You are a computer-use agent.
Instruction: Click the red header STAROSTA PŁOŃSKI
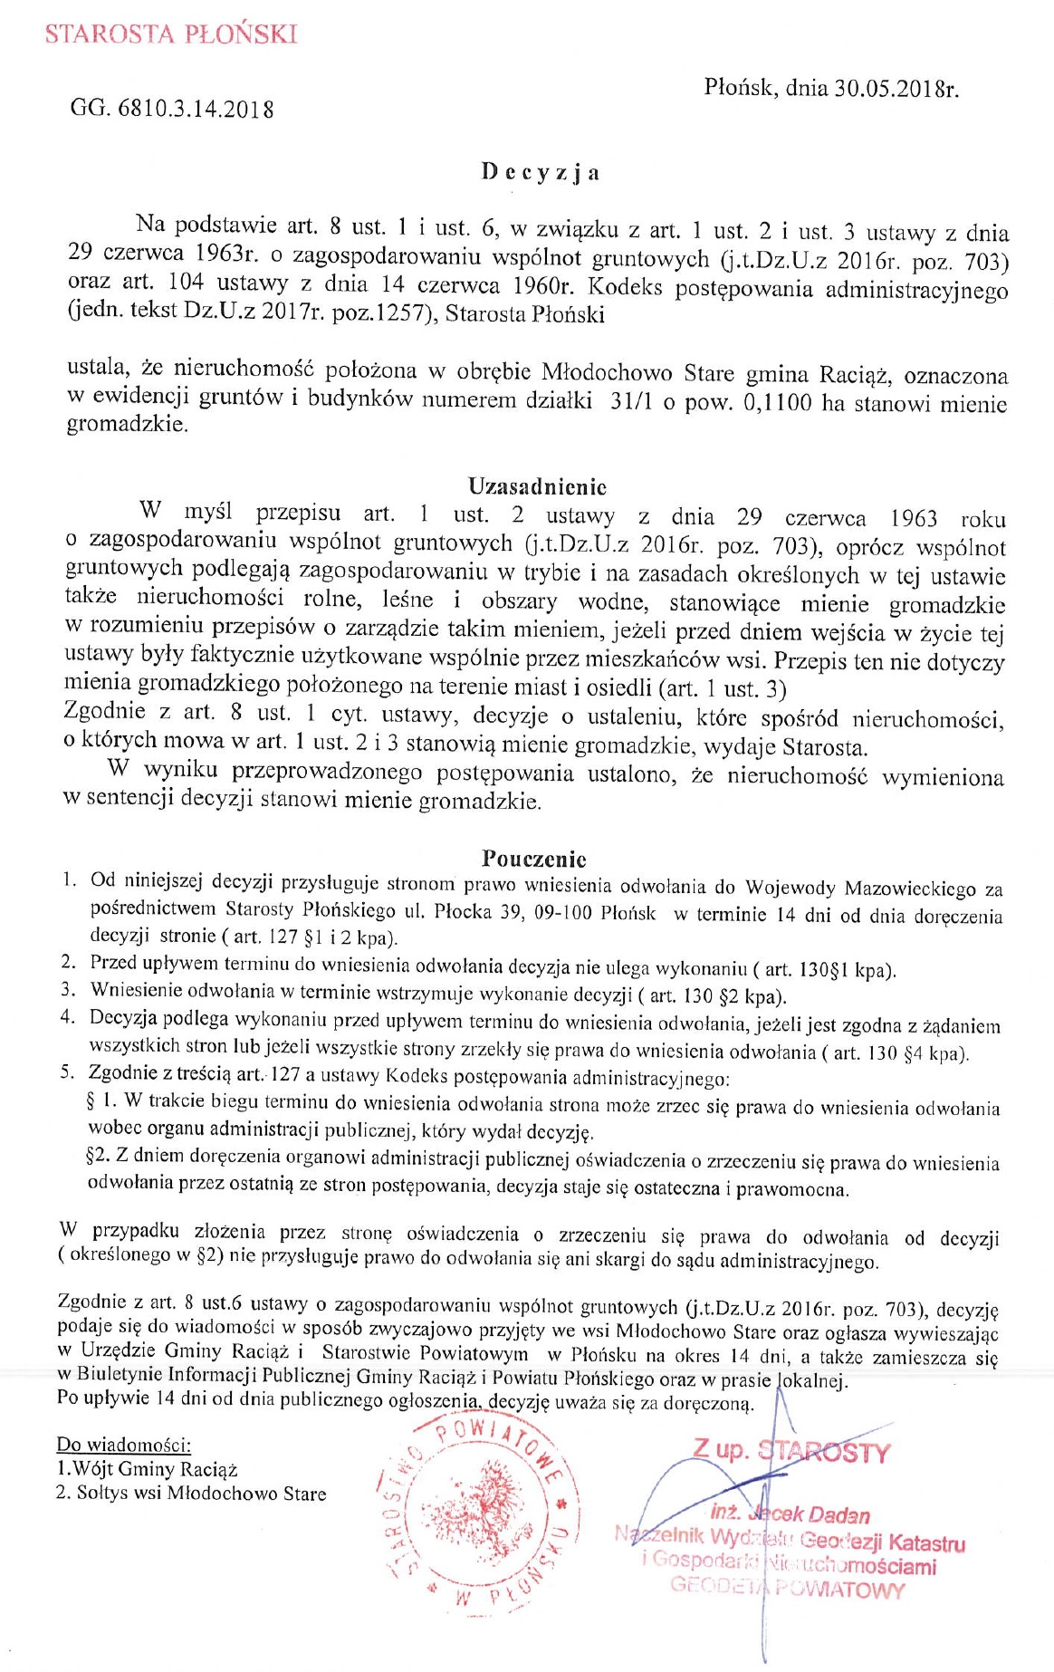tap(171, 34)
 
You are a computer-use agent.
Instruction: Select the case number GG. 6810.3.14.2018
tap(172, 110)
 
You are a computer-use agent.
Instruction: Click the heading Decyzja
tap(540, 172)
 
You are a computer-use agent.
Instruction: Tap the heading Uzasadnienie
tap(537, 486)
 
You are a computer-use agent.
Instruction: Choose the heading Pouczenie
tap(534, 858)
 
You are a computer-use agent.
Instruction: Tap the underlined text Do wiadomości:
tap(124, 1444)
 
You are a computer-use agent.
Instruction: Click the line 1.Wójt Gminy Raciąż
tap(147, 1468)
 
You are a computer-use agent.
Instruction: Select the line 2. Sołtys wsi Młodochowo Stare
tap(191, 1493)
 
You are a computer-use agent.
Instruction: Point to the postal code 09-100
tap(562, 911)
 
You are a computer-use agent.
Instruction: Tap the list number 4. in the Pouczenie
tap(68, 1016)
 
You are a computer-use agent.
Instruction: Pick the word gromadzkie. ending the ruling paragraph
tap(128, 425)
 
